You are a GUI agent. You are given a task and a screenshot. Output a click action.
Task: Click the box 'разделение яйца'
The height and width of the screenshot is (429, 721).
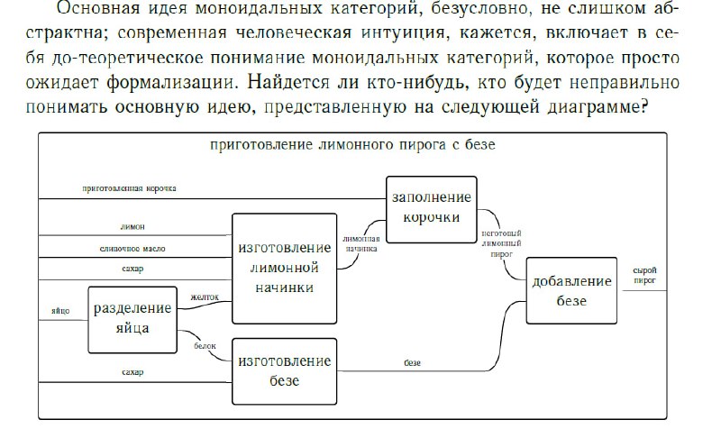click(132, 320)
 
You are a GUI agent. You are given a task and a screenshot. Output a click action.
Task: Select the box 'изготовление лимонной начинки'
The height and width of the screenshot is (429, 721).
click(284, 269)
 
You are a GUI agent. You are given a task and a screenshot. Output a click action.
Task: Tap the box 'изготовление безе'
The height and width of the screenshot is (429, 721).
click(284, 371)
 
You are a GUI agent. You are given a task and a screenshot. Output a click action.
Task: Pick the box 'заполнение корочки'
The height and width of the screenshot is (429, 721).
click(432, 209)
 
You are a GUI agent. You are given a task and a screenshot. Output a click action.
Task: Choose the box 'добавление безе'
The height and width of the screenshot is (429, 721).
click(571, 290)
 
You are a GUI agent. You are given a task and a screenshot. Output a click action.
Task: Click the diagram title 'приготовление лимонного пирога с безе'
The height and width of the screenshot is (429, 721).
click(352, 145)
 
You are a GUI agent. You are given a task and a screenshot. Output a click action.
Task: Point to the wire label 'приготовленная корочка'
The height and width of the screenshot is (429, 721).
click(129, 188)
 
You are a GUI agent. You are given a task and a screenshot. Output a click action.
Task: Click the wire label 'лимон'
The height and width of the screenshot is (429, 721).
click(132, 227)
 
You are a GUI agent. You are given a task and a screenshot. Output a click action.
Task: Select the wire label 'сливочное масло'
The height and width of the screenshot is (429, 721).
click(132, 249)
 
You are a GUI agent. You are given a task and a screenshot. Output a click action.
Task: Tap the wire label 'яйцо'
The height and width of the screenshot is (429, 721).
click(60, 311)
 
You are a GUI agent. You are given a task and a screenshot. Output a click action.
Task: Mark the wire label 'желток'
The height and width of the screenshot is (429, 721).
click(205, 297)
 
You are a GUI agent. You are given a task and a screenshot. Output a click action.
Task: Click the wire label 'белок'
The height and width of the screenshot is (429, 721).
click(205, 346)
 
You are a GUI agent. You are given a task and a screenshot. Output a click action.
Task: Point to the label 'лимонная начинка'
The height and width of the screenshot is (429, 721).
click(361, 243)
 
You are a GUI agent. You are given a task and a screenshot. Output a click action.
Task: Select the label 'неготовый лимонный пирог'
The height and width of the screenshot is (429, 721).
click(501, 243)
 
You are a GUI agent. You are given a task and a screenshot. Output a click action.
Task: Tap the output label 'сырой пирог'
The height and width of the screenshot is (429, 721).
click(644, 276)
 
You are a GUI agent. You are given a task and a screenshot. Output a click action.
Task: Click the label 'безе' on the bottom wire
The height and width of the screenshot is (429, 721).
click(413, 363)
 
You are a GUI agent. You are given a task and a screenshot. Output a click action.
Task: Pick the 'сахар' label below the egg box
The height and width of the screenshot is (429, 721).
click(132, 372)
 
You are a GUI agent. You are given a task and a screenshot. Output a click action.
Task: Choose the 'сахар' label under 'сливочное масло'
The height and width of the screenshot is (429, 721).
click(132, 269)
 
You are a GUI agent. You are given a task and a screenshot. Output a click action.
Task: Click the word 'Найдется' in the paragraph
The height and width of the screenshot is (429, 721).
click(288, 83)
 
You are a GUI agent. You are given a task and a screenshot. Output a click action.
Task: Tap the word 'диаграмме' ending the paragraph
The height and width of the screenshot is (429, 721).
click(598, 107)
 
